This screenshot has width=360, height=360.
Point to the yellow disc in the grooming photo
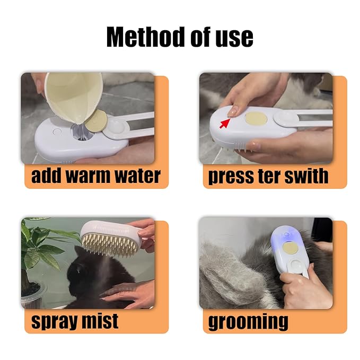[x=289, y=248]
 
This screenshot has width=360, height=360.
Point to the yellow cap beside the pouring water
[x=96, y=121]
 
